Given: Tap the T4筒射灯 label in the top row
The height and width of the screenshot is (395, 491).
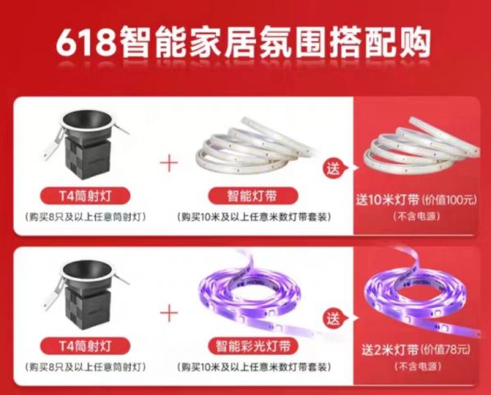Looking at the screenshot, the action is click(85, 196).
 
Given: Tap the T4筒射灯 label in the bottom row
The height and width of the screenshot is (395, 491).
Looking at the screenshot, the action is click(85, 346).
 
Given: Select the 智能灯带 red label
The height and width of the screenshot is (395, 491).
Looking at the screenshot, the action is click(252, 196).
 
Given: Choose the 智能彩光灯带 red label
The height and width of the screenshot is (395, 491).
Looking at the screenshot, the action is click(253, 346).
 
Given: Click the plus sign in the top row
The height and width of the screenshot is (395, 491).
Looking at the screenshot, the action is click(169, 162).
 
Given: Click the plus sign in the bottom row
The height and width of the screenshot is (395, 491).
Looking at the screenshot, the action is click(169, 312).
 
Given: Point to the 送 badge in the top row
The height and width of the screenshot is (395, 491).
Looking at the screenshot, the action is click(334, 169).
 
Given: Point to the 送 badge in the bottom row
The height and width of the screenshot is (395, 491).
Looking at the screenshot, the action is click(334, 319).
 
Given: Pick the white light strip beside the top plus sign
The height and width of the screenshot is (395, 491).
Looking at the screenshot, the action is click(255, 146).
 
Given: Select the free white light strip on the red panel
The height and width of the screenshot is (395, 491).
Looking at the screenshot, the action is click(421, 146).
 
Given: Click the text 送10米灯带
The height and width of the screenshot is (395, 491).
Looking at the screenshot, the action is click(387, 200).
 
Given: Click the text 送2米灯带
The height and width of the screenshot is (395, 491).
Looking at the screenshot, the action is click(390, 350).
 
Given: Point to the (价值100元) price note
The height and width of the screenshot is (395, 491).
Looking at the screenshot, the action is click(449, 200).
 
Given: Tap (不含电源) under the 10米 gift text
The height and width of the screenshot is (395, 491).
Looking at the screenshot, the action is click(417, 216).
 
